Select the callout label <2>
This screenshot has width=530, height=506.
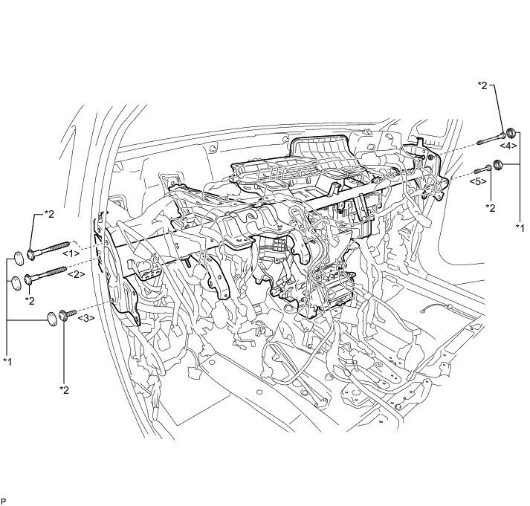(76, 274)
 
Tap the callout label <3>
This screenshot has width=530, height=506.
(86, 318)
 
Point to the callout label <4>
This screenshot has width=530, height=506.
(508, 146)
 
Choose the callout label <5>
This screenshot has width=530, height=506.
(478, 181)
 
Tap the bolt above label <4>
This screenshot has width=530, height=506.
(491, 139)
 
